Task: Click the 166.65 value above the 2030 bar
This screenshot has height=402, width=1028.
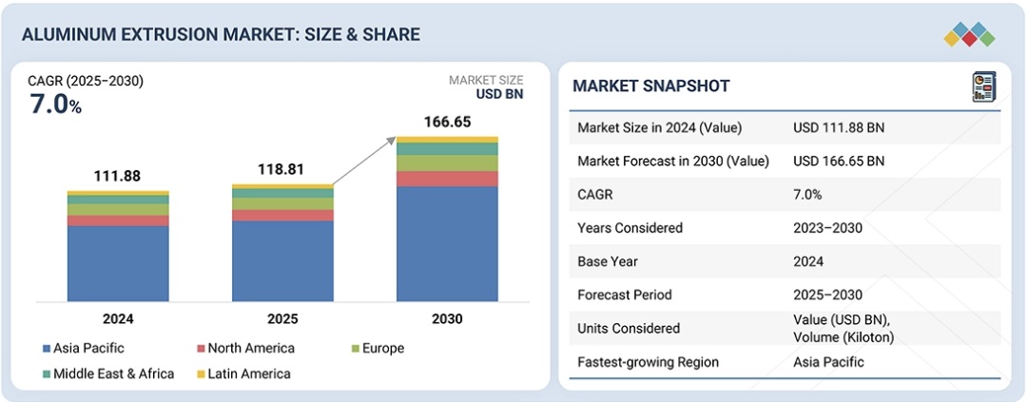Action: pyautogui.click(x=447, y=123)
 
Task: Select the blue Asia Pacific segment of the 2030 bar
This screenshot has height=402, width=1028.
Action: pyautogui.click(x=447, y=243)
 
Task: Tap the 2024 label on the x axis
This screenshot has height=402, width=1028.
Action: pyautogui.click(x=118, y=318)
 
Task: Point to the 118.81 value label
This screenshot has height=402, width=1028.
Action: pyautogui.click(x=282, y=170)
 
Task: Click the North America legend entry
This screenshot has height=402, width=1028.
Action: pyautogui.click(x=244, y=349)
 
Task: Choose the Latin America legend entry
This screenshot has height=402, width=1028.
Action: pyautogui.click(x=244, y=373)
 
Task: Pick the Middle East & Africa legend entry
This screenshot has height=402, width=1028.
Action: pyautogui.click(x=107, y=373)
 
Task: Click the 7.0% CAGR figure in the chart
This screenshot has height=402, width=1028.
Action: pyautogui.click(x=56, y=105)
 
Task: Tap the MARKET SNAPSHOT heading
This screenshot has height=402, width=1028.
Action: pyautogui.click(x=651, y=86)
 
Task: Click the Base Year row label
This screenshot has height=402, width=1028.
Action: pyautogui.click(x=609, y=261)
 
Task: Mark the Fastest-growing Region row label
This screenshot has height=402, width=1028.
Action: pyautogui.click(x=648, y=362)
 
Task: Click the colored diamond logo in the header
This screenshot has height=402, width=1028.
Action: pyautogui.click(x=969, y=35)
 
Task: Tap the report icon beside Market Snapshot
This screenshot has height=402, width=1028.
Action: pyautogui.click(x=983, y=87)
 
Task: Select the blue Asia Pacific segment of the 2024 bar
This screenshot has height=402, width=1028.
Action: pyautogui.click(x=118, y=263)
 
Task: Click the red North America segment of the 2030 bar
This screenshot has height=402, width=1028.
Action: pyautogui.click(x=447, y=179)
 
